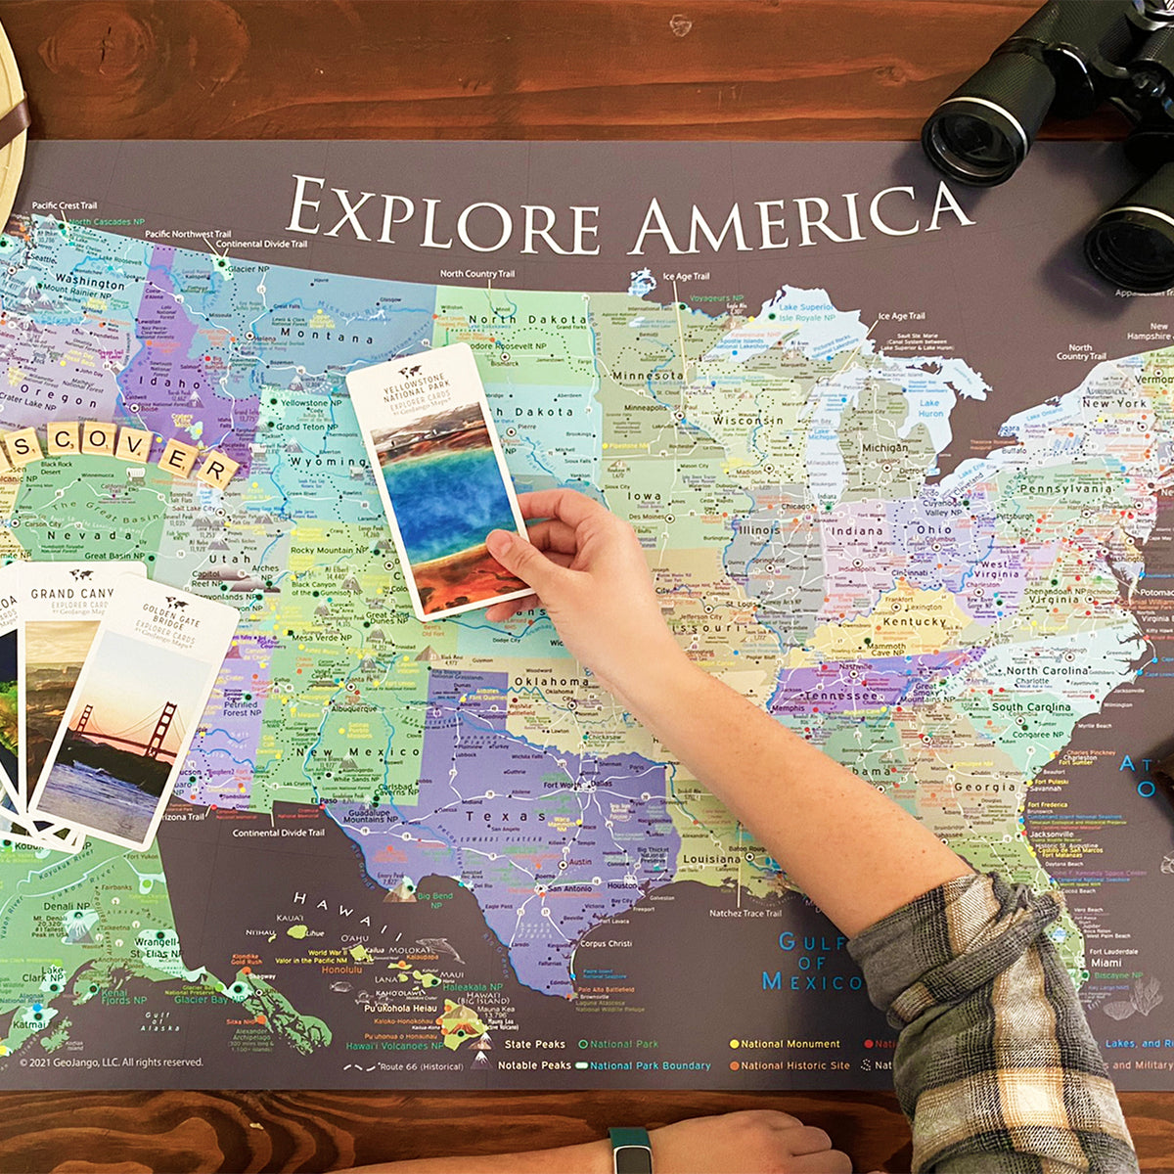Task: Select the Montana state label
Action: tap(312, 336)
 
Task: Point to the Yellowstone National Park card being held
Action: tap(440, 479)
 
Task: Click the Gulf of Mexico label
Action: tap(811, 962)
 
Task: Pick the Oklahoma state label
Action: tap(551, 681)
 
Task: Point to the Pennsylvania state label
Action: tap(1064, 488)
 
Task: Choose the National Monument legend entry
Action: tap(790, 1044)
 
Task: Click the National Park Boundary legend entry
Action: tap(650, 1065)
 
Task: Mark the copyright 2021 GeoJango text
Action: tap(112, 1061)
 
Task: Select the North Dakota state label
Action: tap(528, 320)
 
